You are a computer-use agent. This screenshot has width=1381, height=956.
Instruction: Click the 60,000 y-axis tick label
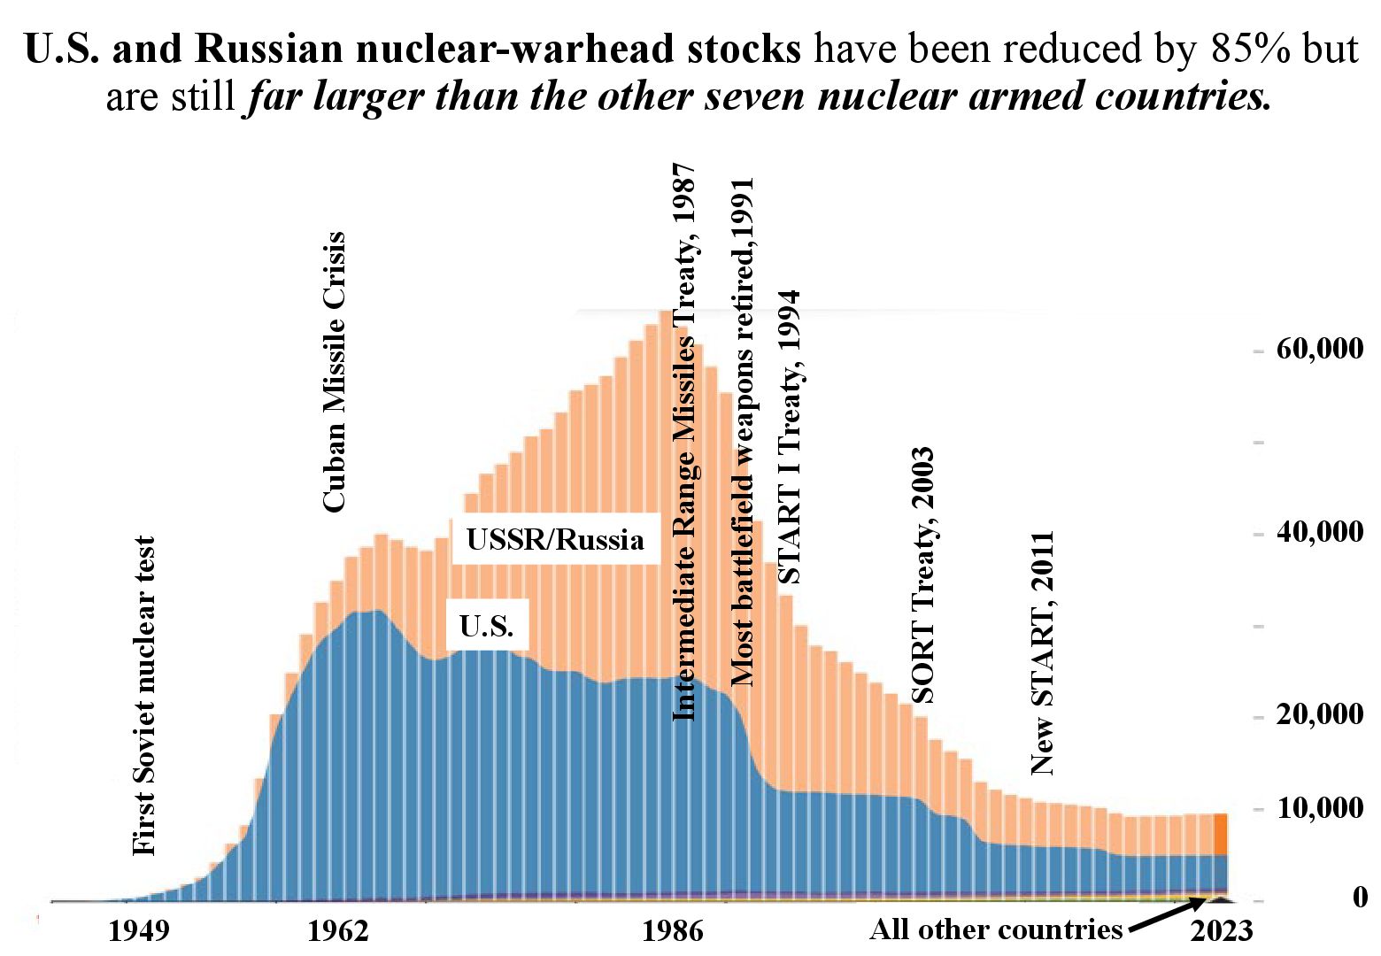(x=1319, y=350)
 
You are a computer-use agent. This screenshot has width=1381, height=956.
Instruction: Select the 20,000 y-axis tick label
(x=1319, y=714)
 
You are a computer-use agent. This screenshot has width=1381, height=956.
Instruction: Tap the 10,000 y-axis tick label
(x=1319, y=807)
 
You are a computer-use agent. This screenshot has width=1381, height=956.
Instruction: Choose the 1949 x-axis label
(x=138, y=931)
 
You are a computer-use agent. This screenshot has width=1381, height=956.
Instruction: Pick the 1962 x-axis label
(x=338, y=931)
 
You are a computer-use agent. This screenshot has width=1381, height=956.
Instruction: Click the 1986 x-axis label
(x=673, y=931)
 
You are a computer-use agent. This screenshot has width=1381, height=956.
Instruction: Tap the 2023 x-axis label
(x=1222, y=931)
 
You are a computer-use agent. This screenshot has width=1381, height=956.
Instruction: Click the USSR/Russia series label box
(x=555, y=539)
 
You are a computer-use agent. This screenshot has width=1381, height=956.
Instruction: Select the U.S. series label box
(x=487, y=626)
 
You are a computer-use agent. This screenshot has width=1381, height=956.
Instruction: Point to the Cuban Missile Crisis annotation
(x=334, y=372)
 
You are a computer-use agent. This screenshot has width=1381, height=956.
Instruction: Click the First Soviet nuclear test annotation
(x=143, y=696)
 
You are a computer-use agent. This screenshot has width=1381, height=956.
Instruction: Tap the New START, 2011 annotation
(x=1044, y=653)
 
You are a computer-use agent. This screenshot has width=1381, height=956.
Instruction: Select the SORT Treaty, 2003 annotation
(x=922, y=575)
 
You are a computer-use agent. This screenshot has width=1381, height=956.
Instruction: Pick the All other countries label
(x=996, y=929)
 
